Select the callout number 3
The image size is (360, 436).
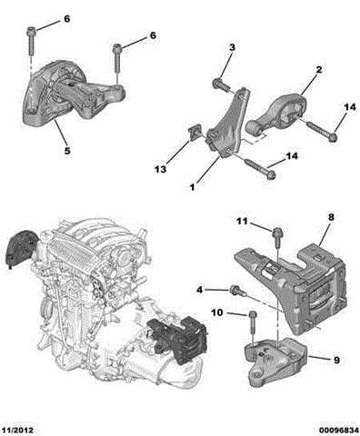231,47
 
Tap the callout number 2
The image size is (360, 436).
319,69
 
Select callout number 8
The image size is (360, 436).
331,218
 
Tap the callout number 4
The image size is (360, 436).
200,290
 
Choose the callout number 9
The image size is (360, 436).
335,362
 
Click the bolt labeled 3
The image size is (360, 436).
221,84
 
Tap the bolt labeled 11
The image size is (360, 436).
275,235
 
